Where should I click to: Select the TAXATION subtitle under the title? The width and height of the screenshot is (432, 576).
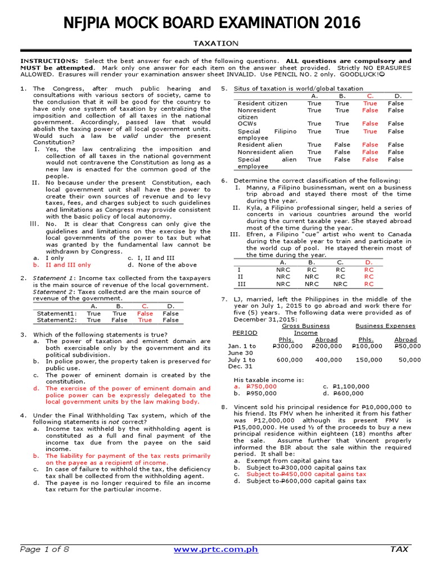(x=216, y=43)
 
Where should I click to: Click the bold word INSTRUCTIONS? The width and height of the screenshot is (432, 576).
(x=49, y=61)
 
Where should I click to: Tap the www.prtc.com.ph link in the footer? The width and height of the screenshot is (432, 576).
(x=216, y=548)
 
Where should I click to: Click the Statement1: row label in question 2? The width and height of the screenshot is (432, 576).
(x=56, y=313)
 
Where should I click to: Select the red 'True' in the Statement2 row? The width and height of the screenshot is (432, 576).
(x=145, y=320)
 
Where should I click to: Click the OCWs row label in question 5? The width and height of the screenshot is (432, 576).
(x=247, y=124)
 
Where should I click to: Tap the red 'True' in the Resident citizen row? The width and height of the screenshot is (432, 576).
(x=370, y=103)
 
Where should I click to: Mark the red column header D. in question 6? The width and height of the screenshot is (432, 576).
(x=369, y=262)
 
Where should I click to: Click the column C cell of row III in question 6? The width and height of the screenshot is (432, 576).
(x=340, y=284)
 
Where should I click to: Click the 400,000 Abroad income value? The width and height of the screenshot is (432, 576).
(x=328, y=360)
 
